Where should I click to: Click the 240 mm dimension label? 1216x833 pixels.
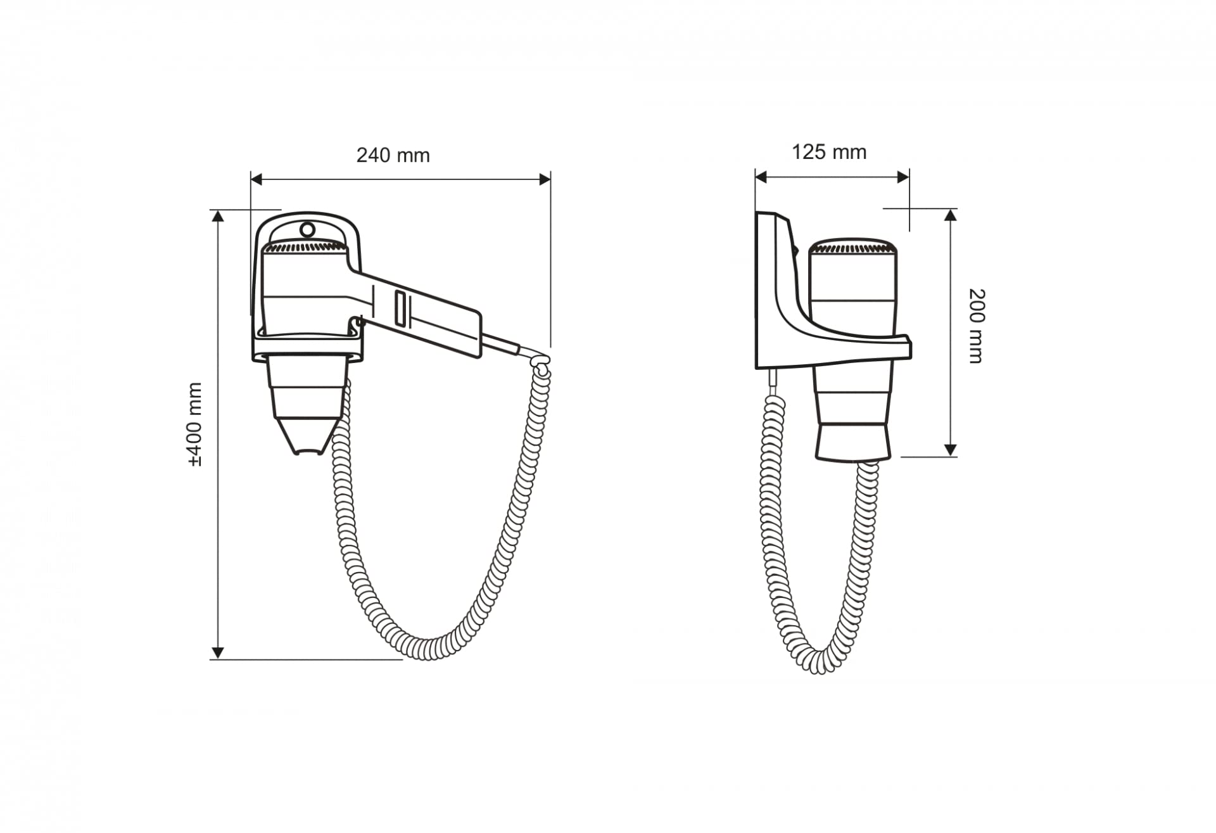click(393, 155)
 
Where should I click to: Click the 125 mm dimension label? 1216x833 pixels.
click(829, 152)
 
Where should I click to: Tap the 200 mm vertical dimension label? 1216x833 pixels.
click(977, 326)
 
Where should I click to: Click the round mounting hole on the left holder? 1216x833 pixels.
click(307, 229)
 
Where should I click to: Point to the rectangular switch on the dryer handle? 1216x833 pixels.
click(400, 308)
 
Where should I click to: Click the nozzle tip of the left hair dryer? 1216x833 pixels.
click(310, 452)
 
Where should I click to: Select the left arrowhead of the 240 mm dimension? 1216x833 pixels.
click(256, 179)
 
